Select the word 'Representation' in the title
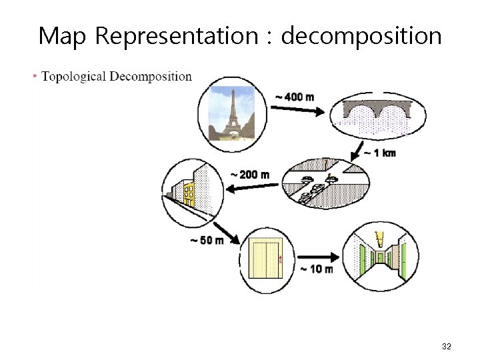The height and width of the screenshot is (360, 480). (175, 36)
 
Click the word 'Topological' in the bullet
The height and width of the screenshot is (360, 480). (73, 76)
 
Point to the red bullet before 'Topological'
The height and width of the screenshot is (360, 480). (35, 76)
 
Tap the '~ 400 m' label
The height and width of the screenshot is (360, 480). (294, 97)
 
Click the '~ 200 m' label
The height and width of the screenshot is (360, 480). (250, 175)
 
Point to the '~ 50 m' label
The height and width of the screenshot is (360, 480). (207, 240)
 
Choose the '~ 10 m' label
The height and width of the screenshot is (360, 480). (317, 269)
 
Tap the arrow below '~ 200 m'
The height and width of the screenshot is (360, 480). (253, 187)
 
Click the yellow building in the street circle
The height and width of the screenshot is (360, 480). (189, 194)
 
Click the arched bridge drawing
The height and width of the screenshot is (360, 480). (377, 114)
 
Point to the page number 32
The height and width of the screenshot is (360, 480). (447, 347)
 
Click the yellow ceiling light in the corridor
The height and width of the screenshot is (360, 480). (381, 238)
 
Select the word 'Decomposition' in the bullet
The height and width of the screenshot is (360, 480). (151, 76)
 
